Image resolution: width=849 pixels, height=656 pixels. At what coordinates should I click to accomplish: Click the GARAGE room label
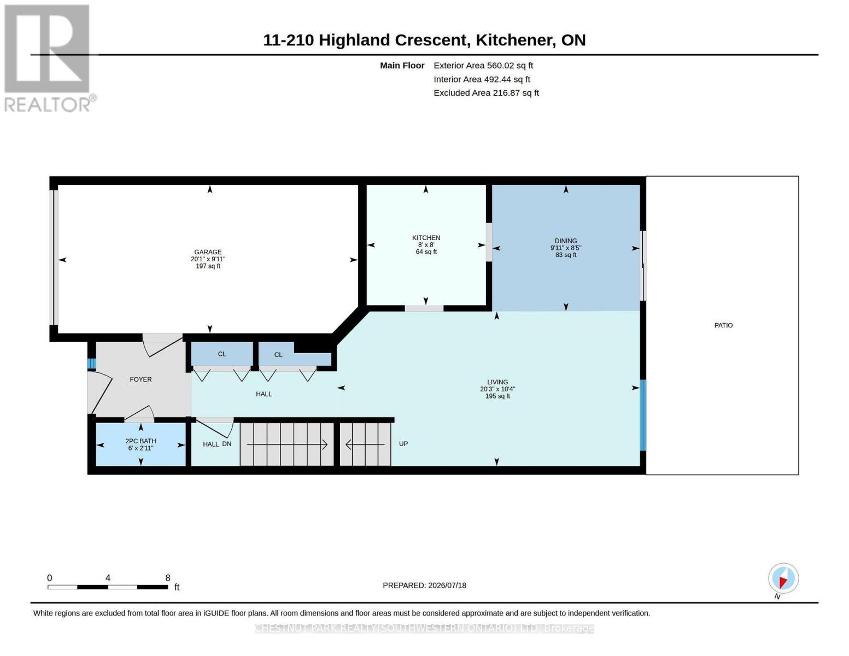point(208,252)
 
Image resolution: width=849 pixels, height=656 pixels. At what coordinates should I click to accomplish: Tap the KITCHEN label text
point(426,238)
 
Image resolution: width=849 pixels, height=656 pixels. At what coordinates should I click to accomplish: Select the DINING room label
point(566,241)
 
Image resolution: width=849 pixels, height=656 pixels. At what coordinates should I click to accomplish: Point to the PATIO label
point(723,325)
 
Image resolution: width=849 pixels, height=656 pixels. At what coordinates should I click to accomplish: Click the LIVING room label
point(497,382)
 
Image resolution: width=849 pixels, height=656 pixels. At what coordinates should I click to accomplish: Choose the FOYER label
point(140,379)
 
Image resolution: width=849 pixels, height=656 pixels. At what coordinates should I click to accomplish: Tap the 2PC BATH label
point(140,441)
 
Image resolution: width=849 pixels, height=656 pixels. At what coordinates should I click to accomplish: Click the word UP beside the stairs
point(403,443)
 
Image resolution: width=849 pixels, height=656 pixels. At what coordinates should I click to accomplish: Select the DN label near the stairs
point(227,443)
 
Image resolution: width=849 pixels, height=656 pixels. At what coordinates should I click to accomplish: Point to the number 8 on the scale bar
point(168,578)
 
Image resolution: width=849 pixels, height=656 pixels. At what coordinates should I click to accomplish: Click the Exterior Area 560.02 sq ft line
point(483,66)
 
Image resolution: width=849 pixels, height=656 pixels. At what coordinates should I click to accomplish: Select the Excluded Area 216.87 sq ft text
point(486,93)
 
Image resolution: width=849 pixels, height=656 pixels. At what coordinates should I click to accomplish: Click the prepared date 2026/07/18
point(447,585)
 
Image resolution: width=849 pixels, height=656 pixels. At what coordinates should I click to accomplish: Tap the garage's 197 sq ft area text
point(208,266)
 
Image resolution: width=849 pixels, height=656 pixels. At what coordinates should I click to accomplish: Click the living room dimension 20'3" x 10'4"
point(497,389)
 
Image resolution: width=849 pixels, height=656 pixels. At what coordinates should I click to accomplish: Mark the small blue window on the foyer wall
point(91,364)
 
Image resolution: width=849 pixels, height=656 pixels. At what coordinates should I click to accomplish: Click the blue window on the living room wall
point(643,415)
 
